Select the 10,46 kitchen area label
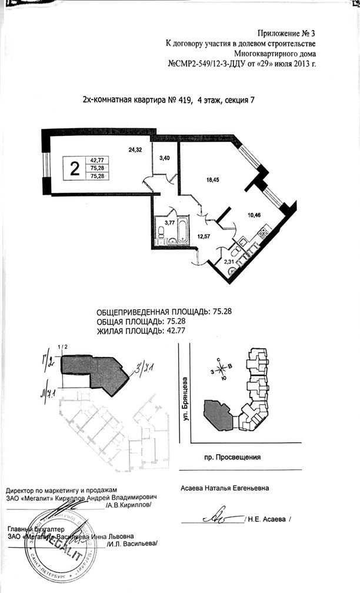(254, 215)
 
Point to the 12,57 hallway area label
(202, 238)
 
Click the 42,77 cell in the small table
(96, 160)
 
